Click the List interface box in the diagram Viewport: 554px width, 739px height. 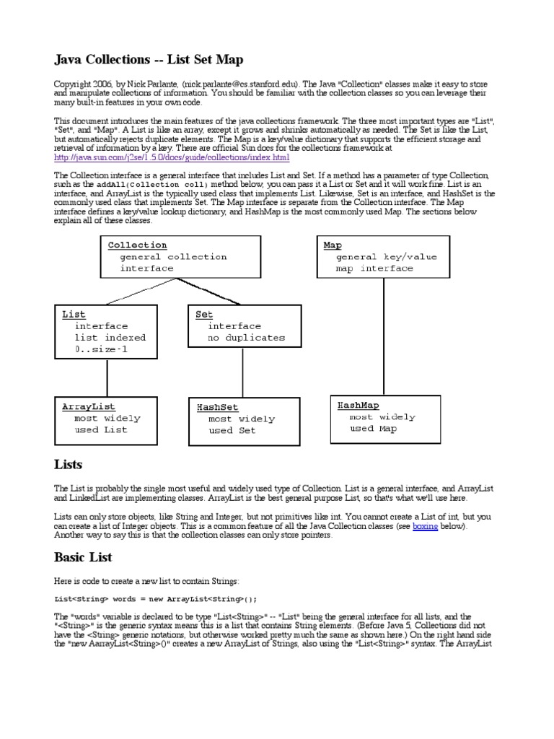[105, 331]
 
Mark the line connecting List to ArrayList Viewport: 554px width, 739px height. [105, 376]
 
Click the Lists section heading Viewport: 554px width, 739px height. [69, 464]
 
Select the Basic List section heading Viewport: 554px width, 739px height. [84, 557]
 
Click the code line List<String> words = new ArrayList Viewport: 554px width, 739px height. [156, 598]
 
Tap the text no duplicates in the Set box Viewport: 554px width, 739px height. [246, 337]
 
